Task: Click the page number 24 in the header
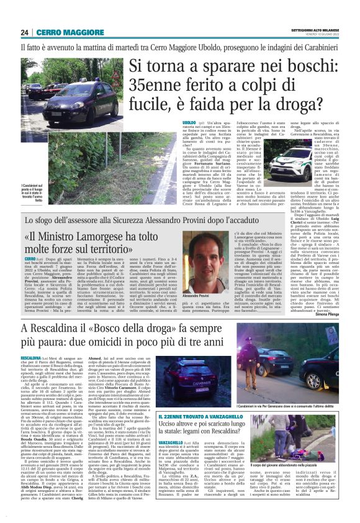(25, 32)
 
